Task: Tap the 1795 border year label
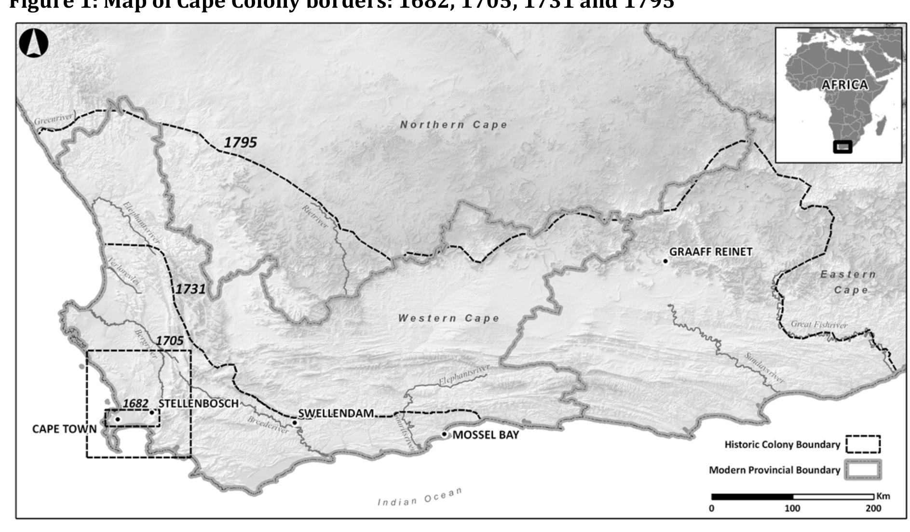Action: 240,142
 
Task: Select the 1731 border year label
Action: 190,289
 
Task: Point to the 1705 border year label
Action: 169,341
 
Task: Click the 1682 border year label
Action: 136,403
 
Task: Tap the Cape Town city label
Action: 64,429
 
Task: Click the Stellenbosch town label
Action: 199,404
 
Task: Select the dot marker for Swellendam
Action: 295,423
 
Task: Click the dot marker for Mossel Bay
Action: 444,435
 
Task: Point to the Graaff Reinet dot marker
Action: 666,261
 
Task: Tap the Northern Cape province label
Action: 454,125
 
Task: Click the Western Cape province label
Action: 448,318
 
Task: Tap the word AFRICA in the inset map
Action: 844,85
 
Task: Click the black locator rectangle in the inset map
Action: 843,147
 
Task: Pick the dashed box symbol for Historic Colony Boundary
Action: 863,444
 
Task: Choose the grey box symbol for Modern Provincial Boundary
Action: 863,470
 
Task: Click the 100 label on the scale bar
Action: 792,508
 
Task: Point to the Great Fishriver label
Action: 819,325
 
